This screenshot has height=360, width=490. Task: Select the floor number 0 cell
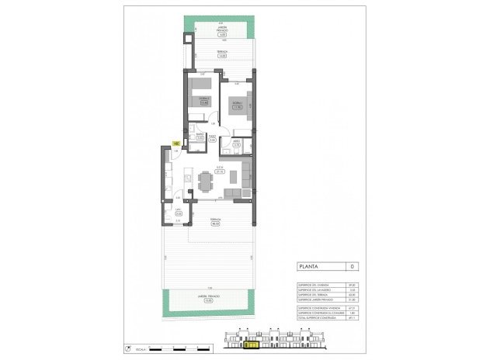(x=353, y=267)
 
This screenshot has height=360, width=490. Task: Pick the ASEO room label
(x=236, y=142)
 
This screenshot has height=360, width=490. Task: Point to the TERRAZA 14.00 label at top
(x=221, y=54)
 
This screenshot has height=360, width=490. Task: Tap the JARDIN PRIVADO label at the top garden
(x=221, y=32)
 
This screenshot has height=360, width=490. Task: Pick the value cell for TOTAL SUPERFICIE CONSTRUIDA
(x=353, y=317)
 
